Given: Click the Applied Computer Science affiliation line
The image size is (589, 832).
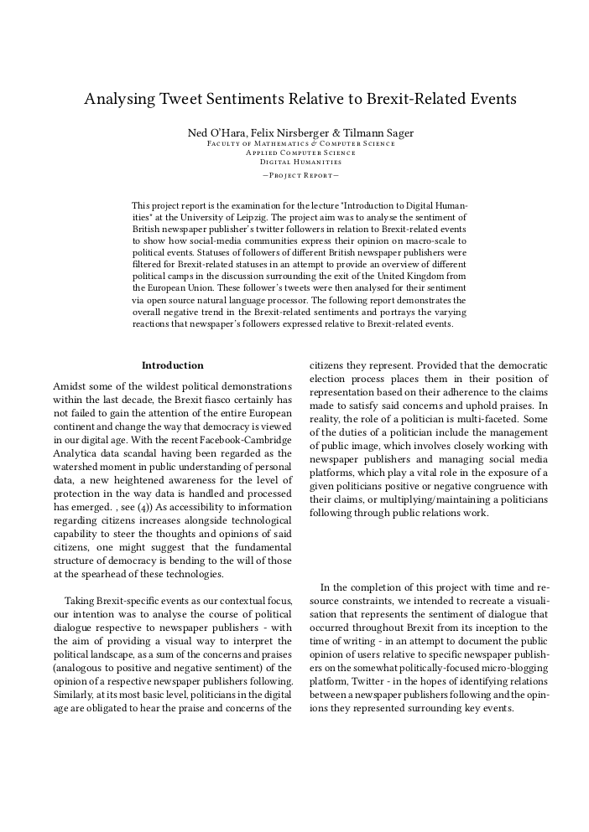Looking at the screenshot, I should coord(300,152).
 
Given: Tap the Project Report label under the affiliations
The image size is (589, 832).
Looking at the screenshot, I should coord(300,175).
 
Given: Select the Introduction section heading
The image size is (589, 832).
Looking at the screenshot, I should coord(172,365).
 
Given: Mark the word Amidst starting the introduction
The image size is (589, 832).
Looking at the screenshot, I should coord(70,385).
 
